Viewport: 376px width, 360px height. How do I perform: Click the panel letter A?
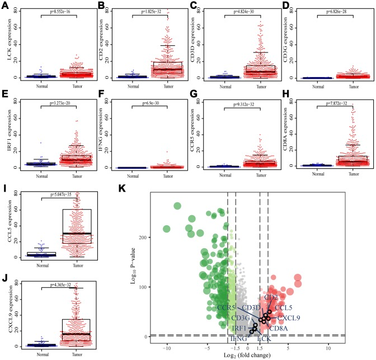point(6,6)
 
